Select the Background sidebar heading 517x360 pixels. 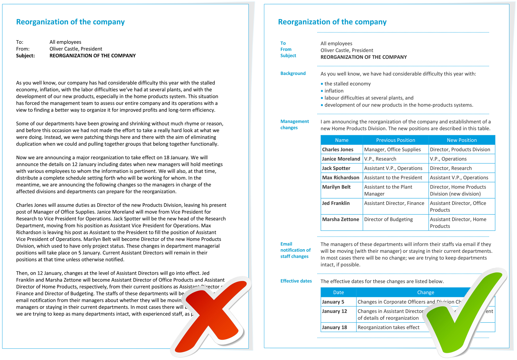tap(293, 73)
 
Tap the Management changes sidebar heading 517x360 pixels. tap(294, 124)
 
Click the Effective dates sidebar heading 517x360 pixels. tap(296, 281)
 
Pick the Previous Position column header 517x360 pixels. tap(396, 140)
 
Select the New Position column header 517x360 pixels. tap(462, 140)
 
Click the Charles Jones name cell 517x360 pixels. tap(338, 150)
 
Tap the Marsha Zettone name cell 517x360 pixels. tap(340, 219)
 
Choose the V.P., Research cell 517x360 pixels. tap(380, 159)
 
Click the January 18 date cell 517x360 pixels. tap(334, 327)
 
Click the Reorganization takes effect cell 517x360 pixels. tap(389, 327)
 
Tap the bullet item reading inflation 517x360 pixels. tap(334, 91)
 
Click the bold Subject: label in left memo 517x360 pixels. tap(26, 56)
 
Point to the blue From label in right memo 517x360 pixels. tap(286, 49)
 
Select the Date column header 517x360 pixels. tap(338, 292)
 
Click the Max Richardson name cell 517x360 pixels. tap(340, 178)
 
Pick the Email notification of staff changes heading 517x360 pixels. tap(295, 250)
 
